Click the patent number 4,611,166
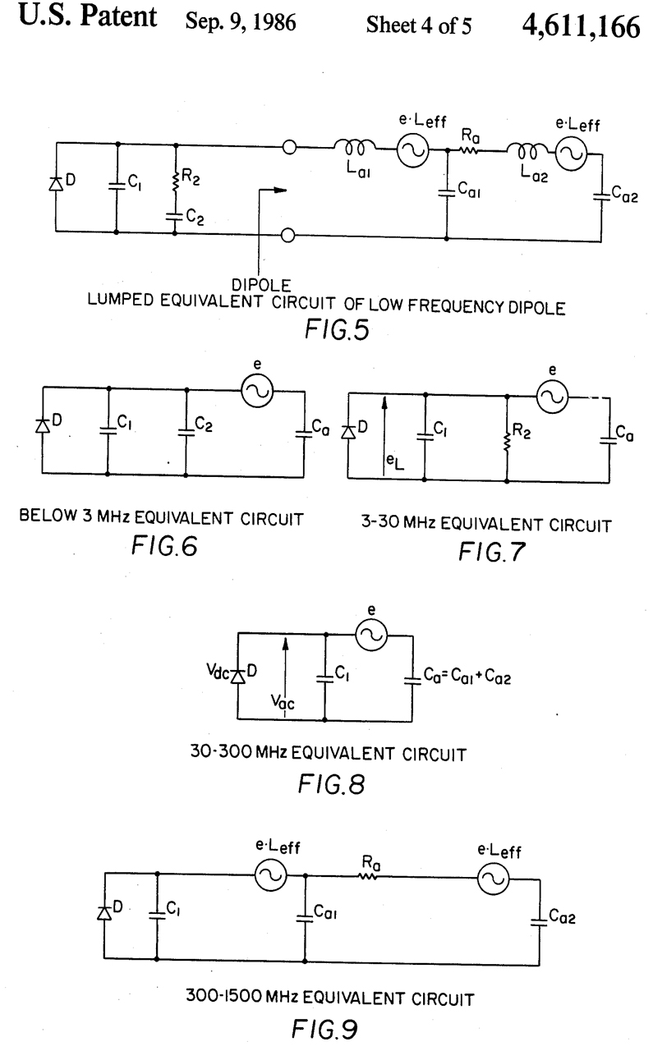click(x=579, y=28)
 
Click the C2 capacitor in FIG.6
click(x=186, y=428)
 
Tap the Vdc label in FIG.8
click(x=221, y=674)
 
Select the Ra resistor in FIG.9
click(x=366, y=877)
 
